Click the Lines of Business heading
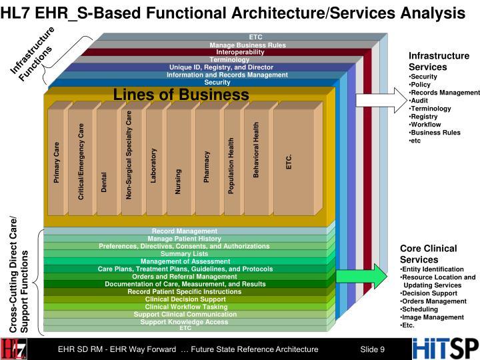pyautogui.click(x=180, y=95)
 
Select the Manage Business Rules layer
pyautogui.click(x=247, y=45)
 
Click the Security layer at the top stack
pyautogui.click(x=217, y=83)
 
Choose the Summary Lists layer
pyautogui.click(x=185, y=254)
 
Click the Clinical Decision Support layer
pyautogui.click(x=185, y=299)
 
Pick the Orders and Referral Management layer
pyautogui.click(x=185, y=277)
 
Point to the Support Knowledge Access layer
pyautogui.click(x=185, y=322)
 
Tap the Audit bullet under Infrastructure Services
pyautogui.click(x=420, y=100)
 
